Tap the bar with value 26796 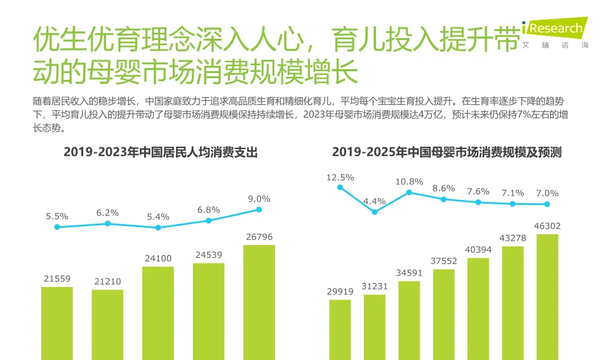pyautogui.click(x=259, y=302)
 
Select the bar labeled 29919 pyautogui.click(x=340, y=329)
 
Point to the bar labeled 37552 pyautogui.click(x=443, y=314)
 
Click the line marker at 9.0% pyautogui.click(x=259, y=210)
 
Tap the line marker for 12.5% pyautogui.click(x=340, y=187)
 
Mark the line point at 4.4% pyautogui.click(x=375, y=212)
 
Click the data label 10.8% pyautogui.click(x=409, y=182)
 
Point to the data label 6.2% pyautogui.click(x=107, y=213)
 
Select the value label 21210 pyautogui.click(x=107, y=281)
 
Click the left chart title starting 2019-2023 pyautogui.click(x=160, y=152)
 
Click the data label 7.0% pyautogui.click(x=547, y=193)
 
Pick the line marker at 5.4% pyautogui.click(x=158, y=227)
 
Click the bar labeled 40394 pyautogui.click(x=478, y=309)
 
